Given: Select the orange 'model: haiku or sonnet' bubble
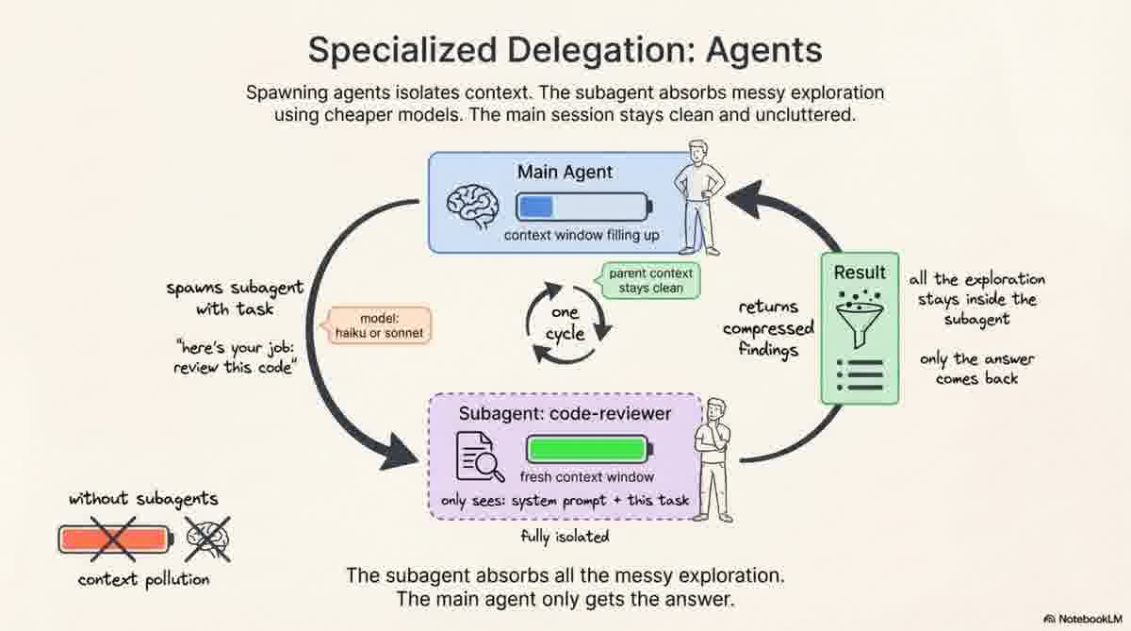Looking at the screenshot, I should click(x=377, y=325).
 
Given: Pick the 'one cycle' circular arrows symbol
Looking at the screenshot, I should click(x=565, y=326).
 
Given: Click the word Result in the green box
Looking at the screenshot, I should click(x=860, y=273).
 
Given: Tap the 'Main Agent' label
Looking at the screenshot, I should click(x=565, y=172).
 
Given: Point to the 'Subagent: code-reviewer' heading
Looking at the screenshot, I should click(x=565, y=413).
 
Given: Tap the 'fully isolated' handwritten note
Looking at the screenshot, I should click(x=565, y=537).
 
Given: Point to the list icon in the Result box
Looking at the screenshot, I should click(x=860, y=374).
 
